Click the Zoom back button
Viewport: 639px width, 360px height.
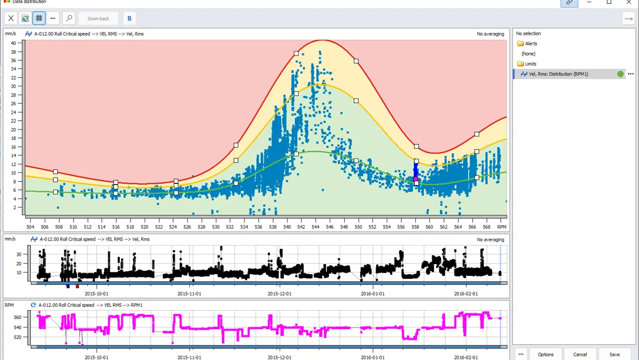point(98,19)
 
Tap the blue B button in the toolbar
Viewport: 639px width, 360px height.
point(129,19)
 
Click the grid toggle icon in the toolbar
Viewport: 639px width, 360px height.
point(39,19)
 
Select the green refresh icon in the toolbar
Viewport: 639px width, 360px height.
point(25,19)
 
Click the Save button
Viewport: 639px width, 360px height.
point(614,354)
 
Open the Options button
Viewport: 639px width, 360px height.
point(545,354)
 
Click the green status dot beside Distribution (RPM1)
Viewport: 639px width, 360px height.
point(621,74)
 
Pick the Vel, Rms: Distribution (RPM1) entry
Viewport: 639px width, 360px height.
point(558,74)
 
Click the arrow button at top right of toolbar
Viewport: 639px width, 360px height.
point(628,19)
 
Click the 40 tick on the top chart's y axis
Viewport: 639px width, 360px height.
point(13,43)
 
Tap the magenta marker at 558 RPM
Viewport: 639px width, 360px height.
point(416,179)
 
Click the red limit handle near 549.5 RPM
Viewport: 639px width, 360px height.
point(356,61)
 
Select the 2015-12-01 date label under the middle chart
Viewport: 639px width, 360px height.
point(280,293)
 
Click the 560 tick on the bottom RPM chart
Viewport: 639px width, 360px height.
point(17,317)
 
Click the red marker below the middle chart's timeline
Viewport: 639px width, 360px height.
point(77,287)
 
